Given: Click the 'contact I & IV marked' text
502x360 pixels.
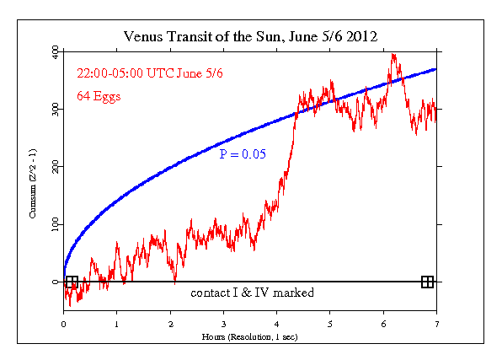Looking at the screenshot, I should click(x=252, y=293).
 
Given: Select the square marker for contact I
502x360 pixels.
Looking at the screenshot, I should click(x=72, y=282).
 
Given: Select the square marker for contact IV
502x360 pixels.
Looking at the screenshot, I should click(x=427, y=282).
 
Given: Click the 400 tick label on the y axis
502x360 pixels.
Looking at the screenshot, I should click(x=53, y=53).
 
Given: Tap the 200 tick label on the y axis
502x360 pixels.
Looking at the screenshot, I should click(x=53, y=168).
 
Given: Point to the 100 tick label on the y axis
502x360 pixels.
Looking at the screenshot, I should click(x=53, y=225).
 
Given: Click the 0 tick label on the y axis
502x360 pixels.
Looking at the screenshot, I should click(x=56, y=282).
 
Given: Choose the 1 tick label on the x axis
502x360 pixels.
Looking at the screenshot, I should click(x=117, y=322).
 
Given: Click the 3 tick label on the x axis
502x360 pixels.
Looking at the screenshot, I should click(x=224, y=322).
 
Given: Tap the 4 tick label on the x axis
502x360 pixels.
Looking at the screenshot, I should click(x=277, y=322).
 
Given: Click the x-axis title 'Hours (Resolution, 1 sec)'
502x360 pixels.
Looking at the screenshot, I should click(x=250, y=336).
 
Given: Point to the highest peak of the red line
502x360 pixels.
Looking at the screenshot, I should click(x=393, y=55).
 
